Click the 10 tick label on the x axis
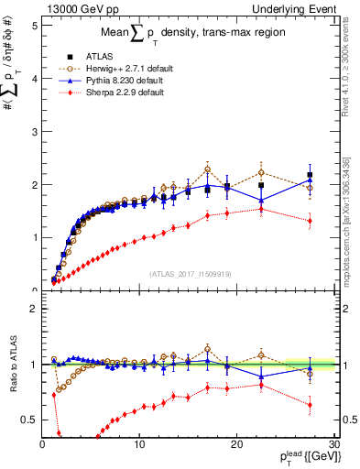click(139, 444)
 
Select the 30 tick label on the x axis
click(333, 444)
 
